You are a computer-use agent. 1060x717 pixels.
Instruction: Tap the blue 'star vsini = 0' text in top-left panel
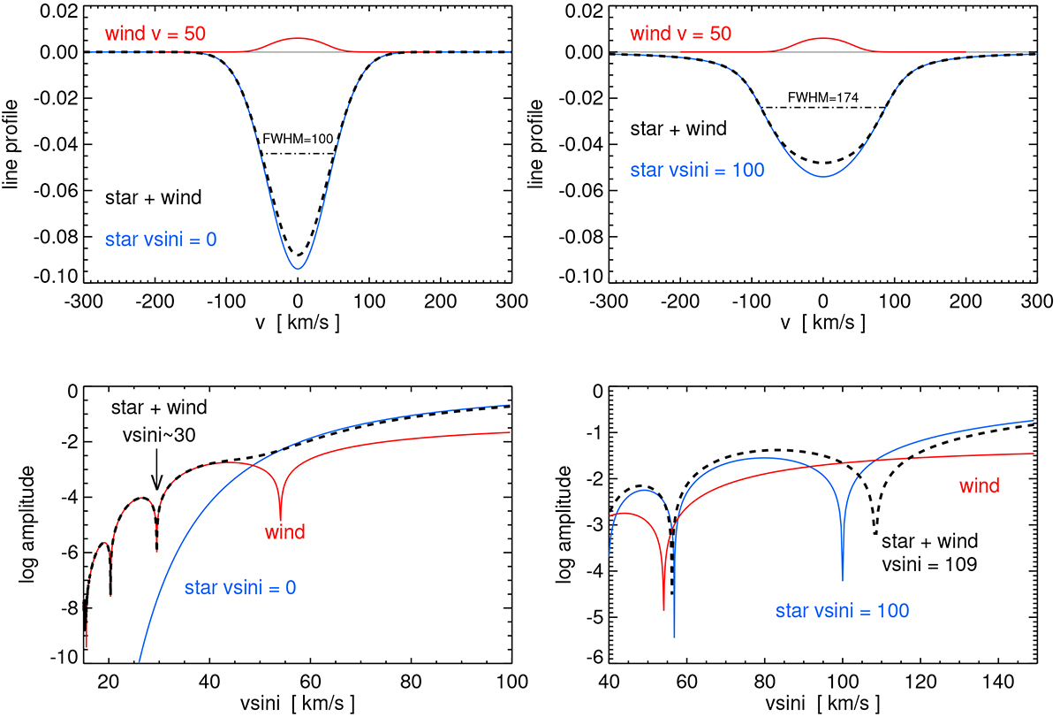click(163, 238)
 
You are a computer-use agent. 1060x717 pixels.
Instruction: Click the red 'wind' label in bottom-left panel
click(284, 532)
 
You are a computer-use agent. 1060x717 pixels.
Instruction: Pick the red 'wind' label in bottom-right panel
click(979, 485)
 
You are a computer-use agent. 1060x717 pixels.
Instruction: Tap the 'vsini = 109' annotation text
click(930, 562)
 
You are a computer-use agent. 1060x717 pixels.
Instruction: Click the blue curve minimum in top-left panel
click(298, 268)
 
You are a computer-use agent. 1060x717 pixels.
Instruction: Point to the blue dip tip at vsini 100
click(843, 580)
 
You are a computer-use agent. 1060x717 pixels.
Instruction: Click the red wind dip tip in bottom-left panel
click(281, 519)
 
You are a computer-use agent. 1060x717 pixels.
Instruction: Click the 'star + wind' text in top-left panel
click(154, 197)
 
